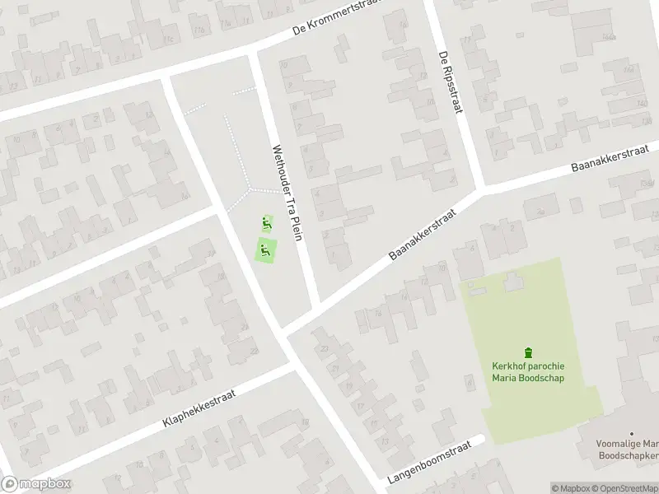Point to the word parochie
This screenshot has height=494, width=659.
(549, 366)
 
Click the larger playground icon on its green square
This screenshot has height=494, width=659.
(264, 250)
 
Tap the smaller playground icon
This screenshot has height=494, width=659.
(265, 221)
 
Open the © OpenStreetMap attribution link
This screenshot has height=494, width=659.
(624, 488)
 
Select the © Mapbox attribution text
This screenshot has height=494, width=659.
(570, 488)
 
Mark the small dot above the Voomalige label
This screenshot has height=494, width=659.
(631, 433)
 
